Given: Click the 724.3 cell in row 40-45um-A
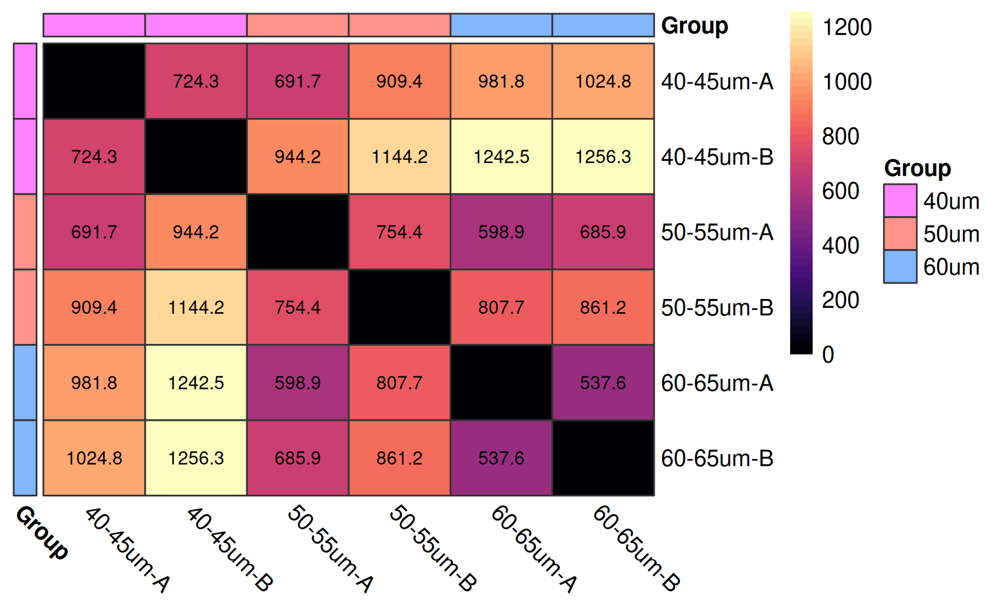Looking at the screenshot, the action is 196,81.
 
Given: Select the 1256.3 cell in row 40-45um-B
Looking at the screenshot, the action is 603,156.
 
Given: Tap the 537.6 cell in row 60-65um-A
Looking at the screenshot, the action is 603,382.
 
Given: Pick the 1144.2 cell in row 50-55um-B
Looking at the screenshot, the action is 196,307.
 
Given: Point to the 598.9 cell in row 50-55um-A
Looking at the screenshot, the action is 501,231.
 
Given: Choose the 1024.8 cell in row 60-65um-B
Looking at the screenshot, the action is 94,457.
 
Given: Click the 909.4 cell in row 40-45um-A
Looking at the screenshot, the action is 399,81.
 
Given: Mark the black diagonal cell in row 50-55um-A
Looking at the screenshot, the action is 298,231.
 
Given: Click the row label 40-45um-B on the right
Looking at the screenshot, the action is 717,157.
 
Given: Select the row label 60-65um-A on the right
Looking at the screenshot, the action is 717,383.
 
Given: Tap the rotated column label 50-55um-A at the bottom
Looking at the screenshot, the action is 330,549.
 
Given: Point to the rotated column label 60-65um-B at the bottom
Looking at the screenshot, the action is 636,549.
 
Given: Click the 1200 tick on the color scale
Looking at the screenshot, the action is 847,27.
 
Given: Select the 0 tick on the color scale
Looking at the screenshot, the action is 828,354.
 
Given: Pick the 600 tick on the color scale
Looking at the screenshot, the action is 841,191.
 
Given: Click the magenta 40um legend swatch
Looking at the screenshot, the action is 900,201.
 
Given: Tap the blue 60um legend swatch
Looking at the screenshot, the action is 900,267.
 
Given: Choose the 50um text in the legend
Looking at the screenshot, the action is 951,234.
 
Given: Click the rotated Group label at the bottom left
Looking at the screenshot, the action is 42,533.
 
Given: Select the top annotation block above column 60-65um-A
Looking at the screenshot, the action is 501,25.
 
